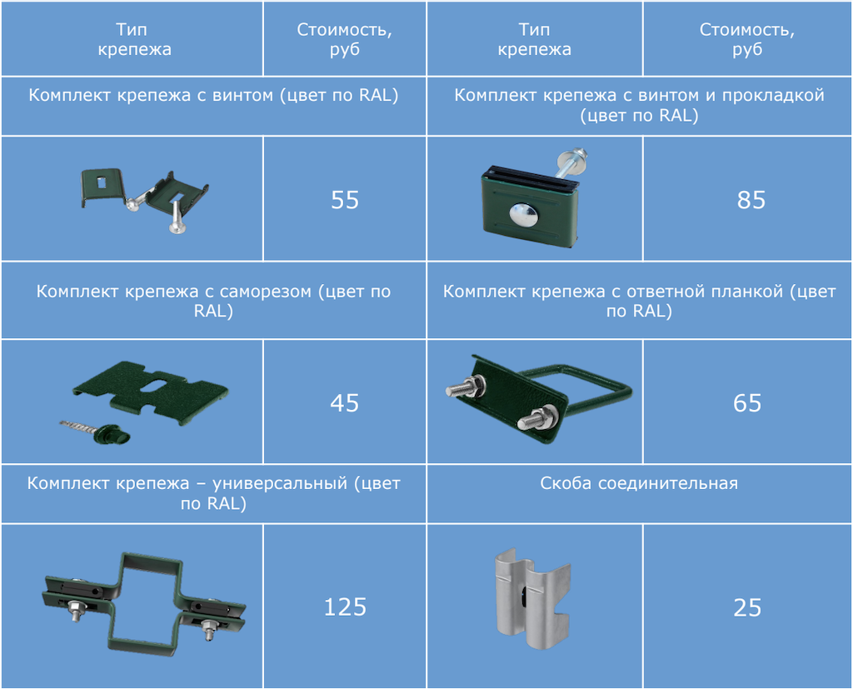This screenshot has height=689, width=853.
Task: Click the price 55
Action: (x=345, y=200)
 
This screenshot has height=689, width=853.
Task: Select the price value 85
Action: (x=751, y=200)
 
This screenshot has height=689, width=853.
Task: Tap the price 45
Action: (x=344, y=402)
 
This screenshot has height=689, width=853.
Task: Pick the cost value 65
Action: (x=747, y=402)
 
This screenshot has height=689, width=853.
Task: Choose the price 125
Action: (x=345, y=607)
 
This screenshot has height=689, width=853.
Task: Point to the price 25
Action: (x=747, y=607)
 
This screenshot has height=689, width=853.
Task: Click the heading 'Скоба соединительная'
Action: (x=639, y=483)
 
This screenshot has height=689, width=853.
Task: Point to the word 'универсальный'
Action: (x=280, y=483)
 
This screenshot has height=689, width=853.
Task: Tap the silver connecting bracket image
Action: (x=532, y=599)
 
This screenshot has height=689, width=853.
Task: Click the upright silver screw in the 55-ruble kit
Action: (x=176, y=217)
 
